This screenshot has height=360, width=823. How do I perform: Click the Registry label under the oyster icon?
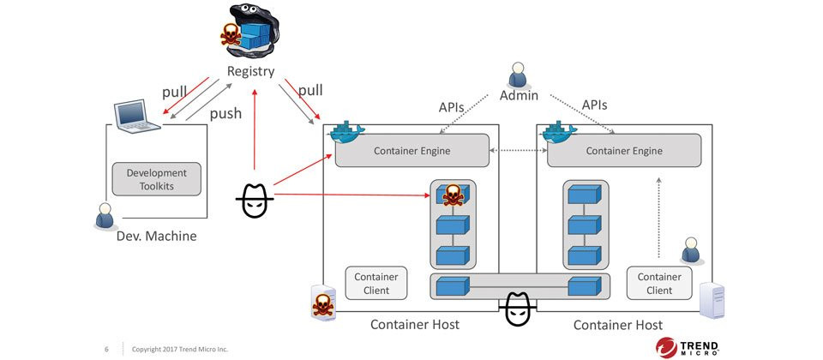tap(251, 71)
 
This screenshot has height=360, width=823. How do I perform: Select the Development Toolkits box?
tap(156, 179)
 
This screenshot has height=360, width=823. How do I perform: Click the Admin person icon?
tap(518, 75)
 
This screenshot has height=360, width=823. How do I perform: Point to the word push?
tap(226, 112)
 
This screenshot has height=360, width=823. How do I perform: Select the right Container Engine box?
tap(623, 151)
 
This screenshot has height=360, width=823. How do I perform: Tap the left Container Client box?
tap(375, 284)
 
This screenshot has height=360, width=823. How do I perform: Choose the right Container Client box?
tap(659, 284)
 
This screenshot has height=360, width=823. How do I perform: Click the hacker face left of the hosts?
tap(254, 202)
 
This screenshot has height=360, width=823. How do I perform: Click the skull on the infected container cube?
tap(452, 196)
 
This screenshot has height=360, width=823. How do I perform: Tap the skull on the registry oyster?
tap(231, 35)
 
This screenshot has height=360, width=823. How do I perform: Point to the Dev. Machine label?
tap(156, 235)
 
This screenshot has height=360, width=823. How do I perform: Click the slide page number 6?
tap(106, 349)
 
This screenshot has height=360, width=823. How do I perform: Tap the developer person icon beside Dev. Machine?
tap(104, 216)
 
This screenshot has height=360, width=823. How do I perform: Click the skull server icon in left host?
tap(322, 301)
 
